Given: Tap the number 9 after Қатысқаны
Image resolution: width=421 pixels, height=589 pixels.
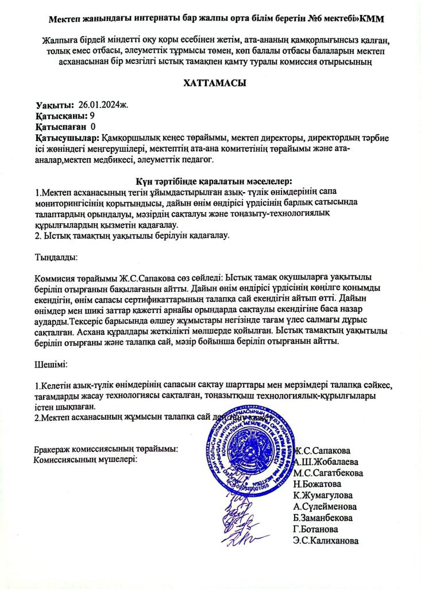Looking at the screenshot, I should coord(92,116).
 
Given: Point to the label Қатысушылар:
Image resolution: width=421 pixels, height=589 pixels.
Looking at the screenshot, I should coord(67,138).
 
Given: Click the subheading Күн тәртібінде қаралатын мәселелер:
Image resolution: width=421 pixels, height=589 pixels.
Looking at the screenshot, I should coord(211,181).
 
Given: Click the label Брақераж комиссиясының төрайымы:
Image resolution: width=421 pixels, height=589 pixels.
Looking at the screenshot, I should coord(106,449).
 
